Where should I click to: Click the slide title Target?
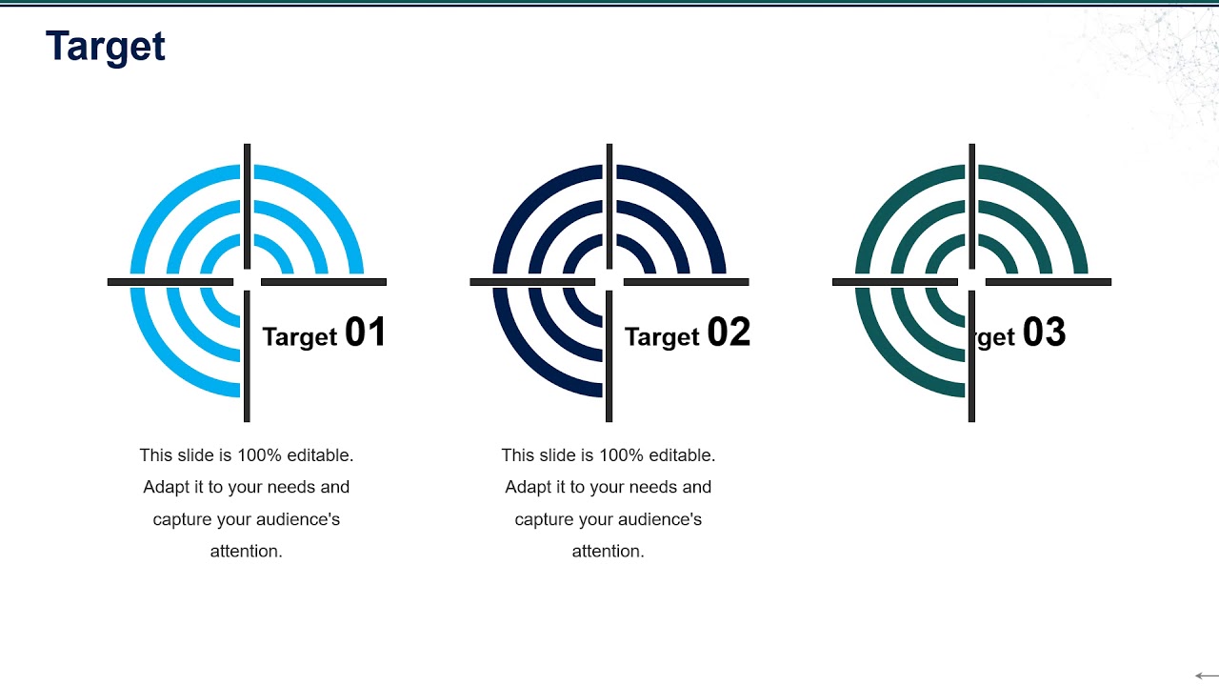click(106, 47)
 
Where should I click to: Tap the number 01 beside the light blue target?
click(366, 333)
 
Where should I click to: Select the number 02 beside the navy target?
click(729, 333)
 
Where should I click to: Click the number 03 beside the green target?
click(1044, 333)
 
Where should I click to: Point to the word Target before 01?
click(300, 336)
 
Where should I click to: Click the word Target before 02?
click(663, 336)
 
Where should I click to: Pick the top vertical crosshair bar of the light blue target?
click(247, 206)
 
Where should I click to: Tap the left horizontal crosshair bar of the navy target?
click(532, 282)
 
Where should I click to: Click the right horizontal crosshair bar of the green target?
click(1048, 282)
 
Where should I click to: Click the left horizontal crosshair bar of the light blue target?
click(170, 282)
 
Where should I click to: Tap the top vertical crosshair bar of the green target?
click(971, 206)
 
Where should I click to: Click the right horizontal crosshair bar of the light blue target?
click(324, 282)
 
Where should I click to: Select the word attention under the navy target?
click(607, 551)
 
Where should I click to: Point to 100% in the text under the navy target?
click(609, 455)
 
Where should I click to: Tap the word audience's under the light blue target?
click(295, 519)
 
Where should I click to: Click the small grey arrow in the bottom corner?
click(1206, 676)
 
